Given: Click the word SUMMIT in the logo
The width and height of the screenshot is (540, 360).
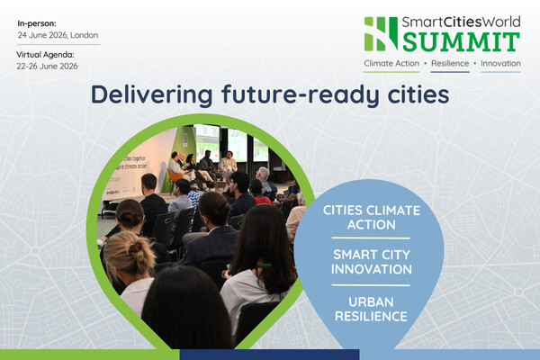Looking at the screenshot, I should (460, 41).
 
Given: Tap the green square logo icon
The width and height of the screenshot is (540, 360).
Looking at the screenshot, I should (380, 33).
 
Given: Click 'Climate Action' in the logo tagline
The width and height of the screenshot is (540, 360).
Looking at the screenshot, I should (392, 64).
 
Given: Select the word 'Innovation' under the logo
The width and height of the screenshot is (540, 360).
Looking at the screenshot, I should (501, 64).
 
